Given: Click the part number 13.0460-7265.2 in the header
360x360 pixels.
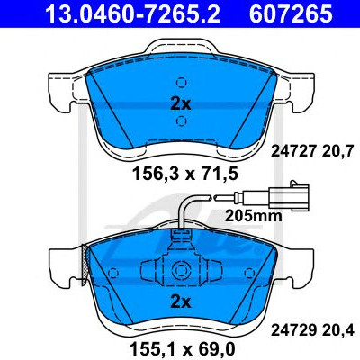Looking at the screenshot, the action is [132, 13].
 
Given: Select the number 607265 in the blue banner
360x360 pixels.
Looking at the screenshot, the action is [290, 13].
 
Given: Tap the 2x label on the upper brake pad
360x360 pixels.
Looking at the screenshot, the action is [181, 104].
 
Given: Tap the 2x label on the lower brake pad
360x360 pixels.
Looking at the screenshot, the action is [181, 303].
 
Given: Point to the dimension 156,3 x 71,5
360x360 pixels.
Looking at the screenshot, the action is [185, 174].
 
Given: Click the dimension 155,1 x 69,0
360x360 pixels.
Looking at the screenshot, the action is [182, 348].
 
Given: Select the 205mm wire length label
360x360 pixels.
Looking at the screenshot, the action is [254, 215].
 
